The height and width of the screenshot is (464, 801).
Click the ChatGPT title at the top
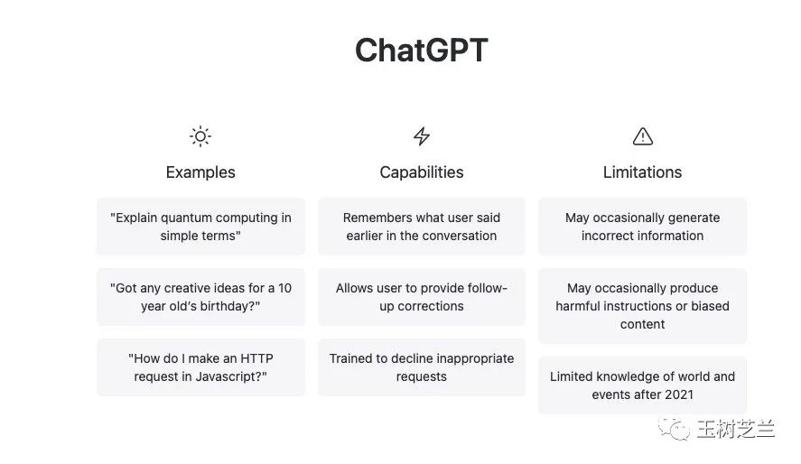click(x=422, y=50)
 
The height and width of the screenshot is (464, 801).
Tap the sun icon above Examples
click(x=200, y=136)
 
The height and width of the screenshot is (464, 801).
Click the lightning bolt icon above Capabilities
click(x=422, y=136)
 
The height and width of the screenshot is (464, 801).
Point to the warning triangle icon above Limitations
click(x=643, y=136)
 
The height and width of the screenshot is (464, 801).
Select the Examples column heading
click(x=200, y=172)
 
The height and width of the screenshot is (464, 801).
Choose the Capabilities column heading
click(x=422, y=172)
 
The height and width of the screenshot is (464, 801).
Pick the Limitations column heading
click(x=642, y=172)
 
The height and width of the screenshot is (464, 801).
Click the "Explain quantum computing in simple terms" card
click(x=200, y=227)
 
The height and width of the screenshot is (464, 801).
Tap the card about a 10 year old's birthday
click(x=200, y=297)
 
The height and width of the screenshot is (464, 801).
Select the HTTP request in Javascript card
click(x=200, y=367)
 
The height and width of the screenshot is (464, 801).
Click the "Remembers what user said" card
click(x=422, y=227)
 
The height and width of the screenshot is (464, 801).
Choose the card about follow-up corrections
click(x=422, y=297)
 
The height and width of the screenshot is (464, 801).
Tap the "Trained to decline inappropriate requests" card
click(x=422, y=367)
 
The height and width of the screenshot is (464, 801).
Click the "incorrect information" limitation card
click(x=642, y=227)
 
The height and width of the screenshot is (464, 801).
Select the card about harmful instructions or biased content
click(x=642, y=306)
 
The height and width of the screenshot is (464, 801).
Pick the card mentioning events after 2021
click(x=642, y=385)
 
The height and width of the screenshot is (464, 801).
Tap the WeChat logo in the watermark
click(x=674, y=428)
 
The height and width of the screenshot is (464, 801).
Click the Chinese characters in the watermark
click(x=736, y=429)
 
